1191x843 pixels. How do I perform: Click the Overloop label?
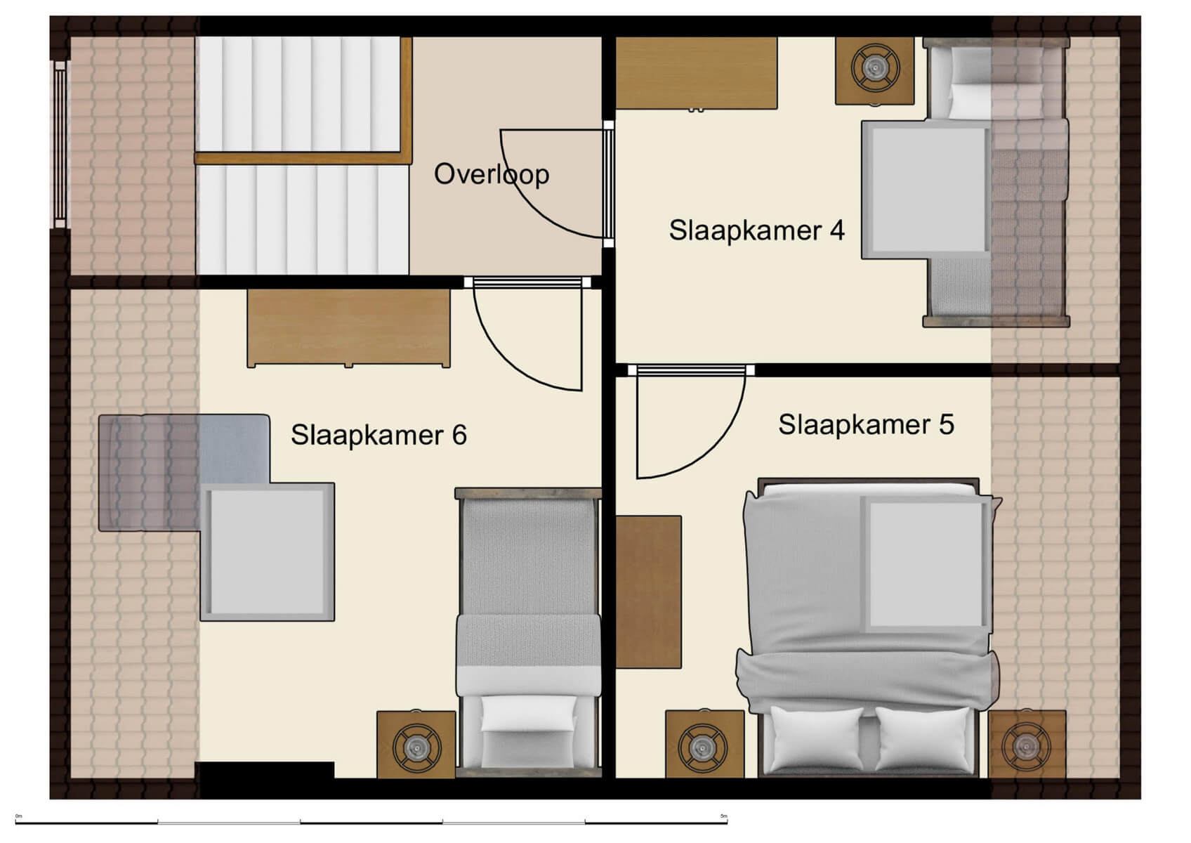[x=491, y=174]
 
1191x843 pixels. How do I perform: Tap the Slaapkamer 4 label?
[x=756, y=230]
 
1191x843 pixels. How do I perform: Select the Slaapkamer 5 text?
[x=865, y=424]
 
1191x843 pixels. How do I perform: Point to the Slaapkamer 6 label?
[x=379, y=435]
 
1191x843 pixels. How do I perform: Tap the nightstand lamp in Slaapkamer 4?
[x=875, y=67]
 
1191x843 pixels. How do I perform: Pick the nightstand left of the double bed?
[x=704, y=746]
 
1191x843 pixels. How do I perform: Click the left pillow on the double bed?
[x=817, y=738]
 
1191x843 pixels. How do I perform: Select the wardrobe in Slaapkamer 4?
[x=696, y=73]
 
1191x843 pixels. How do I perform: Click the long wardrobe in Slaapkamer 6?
[x=348, y=327]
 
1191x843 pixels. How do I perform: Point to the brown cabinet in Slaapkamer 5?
[x=648, y=592]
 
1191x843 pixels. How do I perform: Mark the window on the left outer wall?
[x=60, y=144]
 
